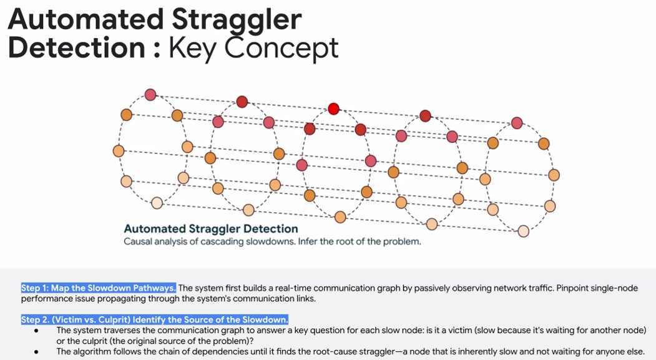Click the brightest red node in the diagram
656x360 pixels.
tap(333, 109)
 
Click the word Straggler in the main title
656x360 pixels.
tap(237, 19)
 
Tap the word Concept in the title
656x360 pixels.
tap(281, 48)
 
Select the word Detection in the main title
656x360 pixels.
tap(77, 47)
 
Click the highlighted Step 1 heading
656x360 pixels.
tap(99, 288)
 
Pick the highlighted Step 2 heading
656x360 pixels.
tap(155, 320)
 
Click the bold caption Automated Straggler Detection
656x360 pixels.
tap(211, 229)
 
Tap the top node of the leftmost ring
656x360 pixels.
tap(150, 94)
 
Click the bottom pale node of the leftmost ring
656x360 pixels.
tap(157, 203)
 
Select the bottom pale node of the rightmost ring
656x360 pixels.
tap(524, 231)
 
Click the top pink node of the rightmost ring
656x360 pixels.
tap(517, 123)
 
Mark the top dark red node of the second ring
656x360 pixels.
tap(242, 102)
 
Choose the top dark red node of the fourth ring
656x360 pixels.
tap(425, 116)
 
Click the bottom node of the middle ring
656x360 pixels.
tap(340, 217)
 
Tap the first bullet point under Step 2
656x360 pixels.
tap(37, 330)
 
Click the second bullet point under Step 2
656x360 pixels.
tap(37, 352)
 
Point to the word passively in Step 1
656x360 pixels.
tap(421, 288)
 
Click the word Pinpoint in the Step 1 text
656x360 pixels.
tap(573, 288)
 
